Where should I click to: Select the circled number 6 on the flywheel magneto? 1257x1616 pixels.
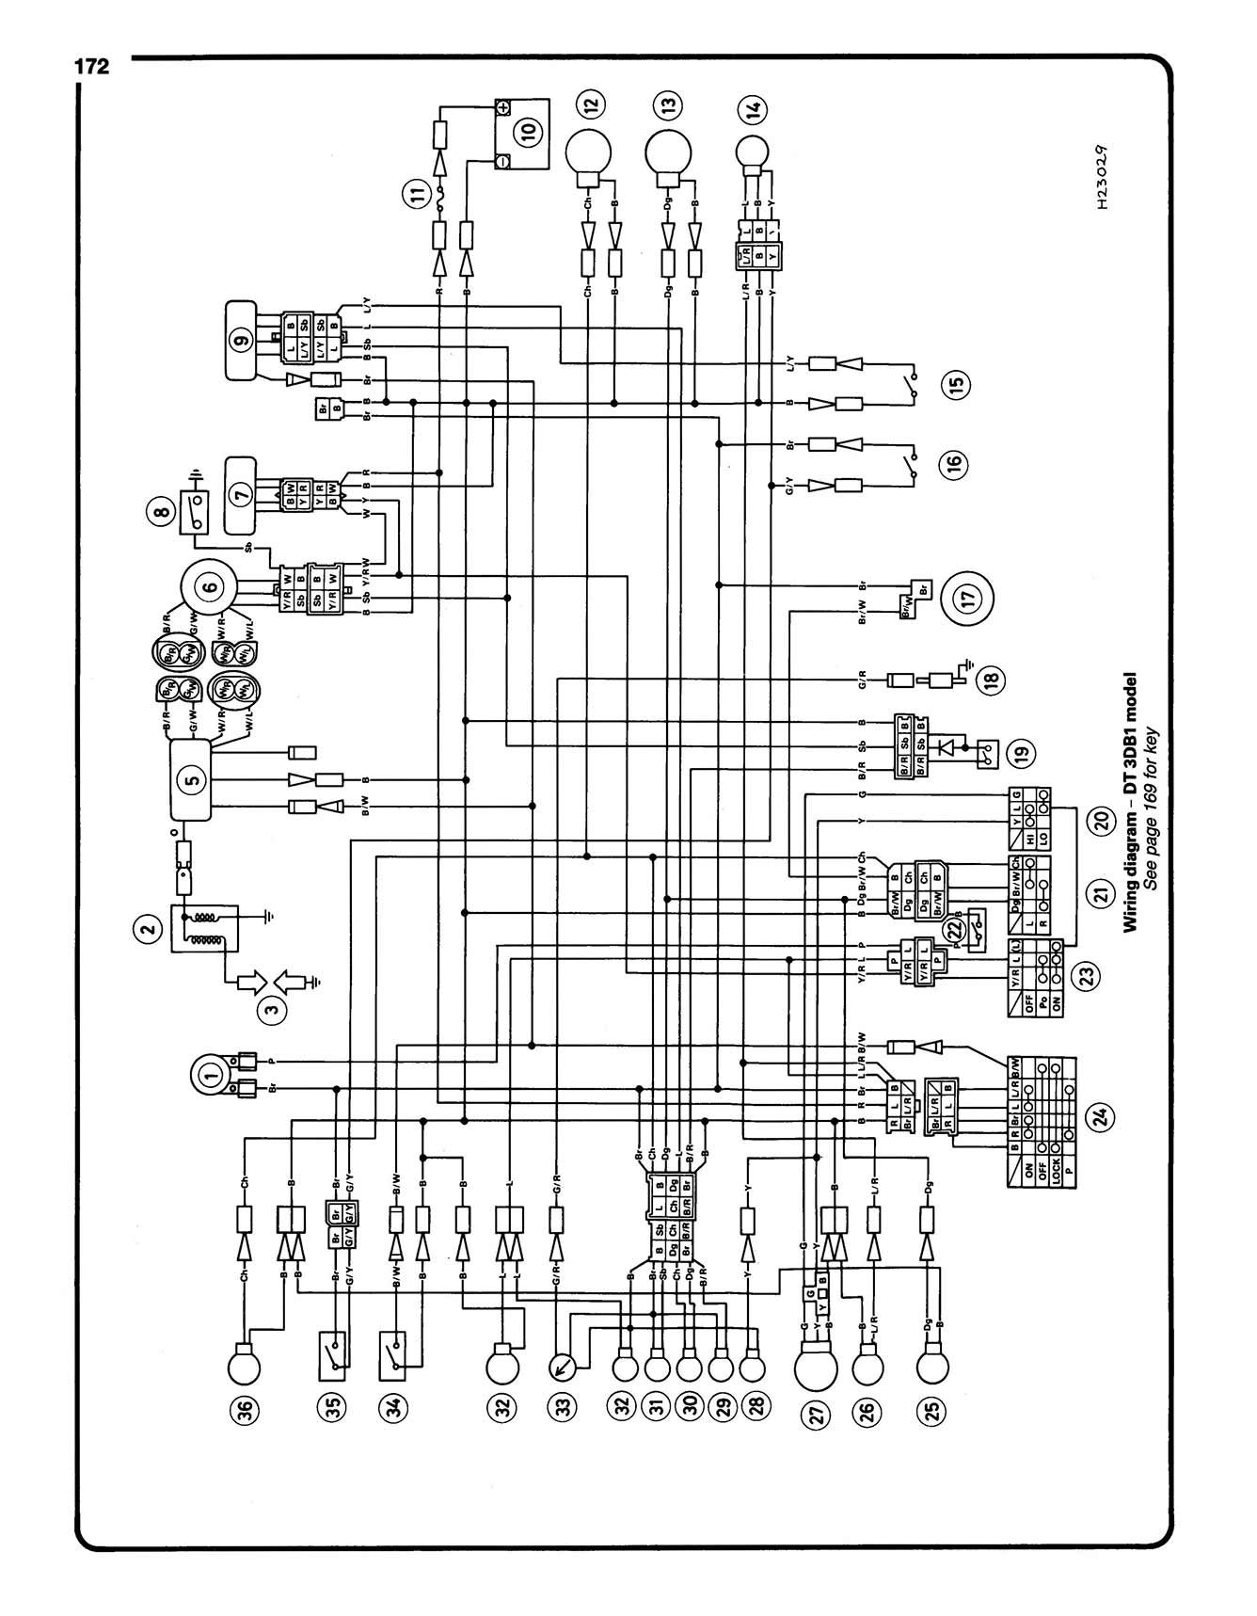click(x=210, y=585)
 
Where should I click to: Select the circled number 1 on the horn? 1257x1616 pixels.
click(x=212, y=1074)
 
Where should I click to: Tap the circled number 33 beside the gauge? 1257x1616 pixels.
click(x=563, y=1408)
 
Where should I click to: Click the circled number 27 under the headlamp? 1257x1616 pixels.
click(x=814, y=1416)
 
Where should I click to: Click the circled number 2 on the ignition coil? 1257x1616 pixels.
click(x=146, y=931)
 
